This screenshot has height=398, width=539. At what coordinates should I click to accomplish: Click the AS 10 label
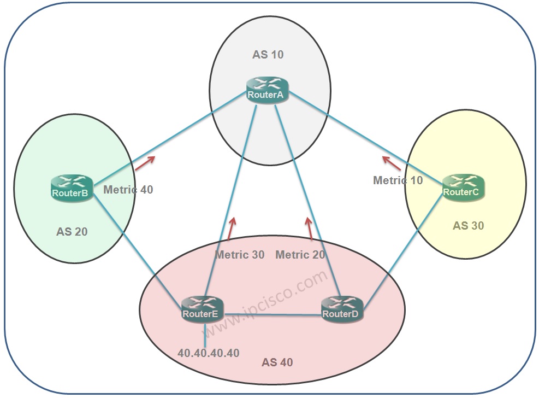pyautogui.click(x=268, y=55)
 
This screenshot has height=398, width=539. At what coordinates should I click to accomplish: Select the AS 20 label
pyautogui.click(x=72, y=232)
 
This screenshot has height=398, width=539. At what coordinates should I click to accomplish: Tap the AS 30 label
pyautogui.click(x=468, y=225)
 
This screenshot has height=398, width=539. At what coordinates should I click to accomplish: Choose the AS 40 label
pyautogui.click(x=277, y=362)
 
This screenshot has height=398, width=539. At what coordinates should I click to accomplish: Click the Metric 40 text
pyautogui.click(x=128, y=190)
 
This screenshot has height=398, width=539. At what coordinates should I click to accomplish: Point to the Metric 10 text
pyautogui.click(x=398, y=180)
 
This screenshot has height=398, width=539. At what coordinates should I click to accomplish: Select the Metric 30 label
pyautogui.click(x=239, y=255)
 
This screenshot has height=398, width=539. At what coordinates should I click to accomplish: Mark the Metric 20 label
pyautogui.click(x=300, y=255)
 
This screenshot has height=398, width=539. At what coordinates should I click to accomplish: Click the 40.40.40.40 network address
pyautogui.click(x=209, y=353)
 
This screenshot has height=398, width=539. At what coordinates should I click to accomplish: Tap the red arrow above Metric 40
pyautogui.click(x=145, y=163)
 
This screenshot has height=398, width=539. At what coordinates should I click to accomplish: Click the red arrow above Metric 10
pyautogui.click(x=392, y=162)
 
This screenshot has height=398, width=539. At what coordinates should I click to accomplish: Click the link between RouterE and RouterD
pyautogui.click(x=273, y=314)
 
